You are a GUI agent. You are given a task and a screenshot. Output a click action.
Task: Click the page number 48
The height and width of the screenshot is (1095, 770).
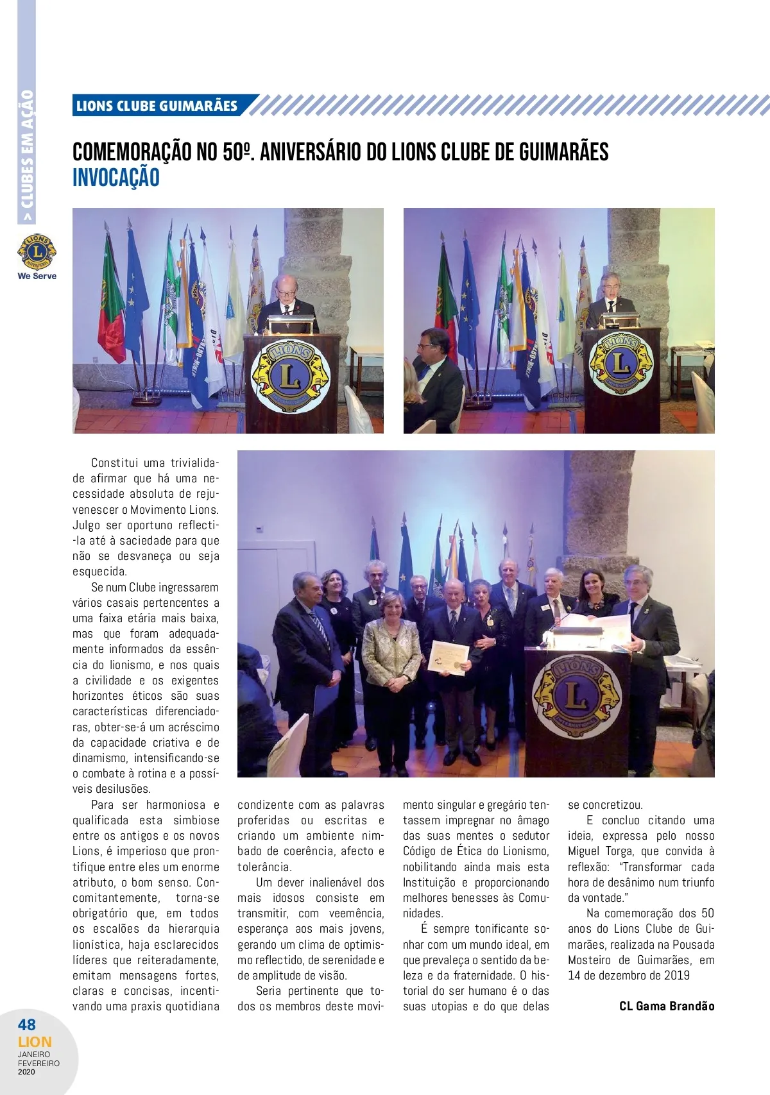[x=27, y=1024]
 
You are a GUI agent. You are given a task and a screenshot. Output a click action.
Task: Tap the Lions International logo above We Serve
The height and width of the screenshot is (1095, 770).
[x=37, y=252]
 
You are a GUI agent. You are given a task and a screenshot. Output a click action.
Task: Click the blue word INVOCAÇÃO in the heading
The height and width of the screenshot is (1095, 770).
[x=116, y=178]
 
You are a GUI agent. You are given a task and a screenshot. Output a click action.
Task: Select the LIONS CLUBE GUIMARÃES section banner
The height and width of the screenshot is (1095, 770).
[x=157, y=106]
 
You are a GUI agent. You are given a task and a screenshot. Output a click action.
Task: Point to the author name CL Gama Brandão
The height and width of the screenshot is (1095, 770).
[x=667, y=1006]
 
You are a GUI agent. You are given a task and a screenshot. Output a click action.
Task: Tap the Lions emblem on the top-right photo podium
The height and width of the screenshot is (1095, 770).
[x=620, y=364]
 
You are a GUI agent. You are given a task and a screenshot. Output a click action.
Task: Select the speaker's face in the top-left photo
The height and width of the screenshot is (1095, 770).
[x=283, y=289]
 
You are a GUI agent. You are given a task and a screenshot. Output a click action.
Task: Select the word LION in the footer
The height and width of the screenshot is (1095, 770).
[x=35, y=1042]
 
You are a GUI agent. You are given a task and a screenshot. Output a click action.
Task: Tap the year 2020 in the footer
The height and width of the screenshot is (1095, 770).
[x=27, y=1071]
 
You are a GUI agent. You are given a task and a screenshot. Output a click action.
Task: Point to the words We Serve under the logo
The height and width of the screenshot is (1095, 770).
[x=37, y=276]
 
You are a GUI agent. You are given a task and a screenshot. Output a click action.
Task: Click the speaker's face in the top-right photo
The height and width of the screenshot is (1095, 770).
[x=609, y=287]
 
